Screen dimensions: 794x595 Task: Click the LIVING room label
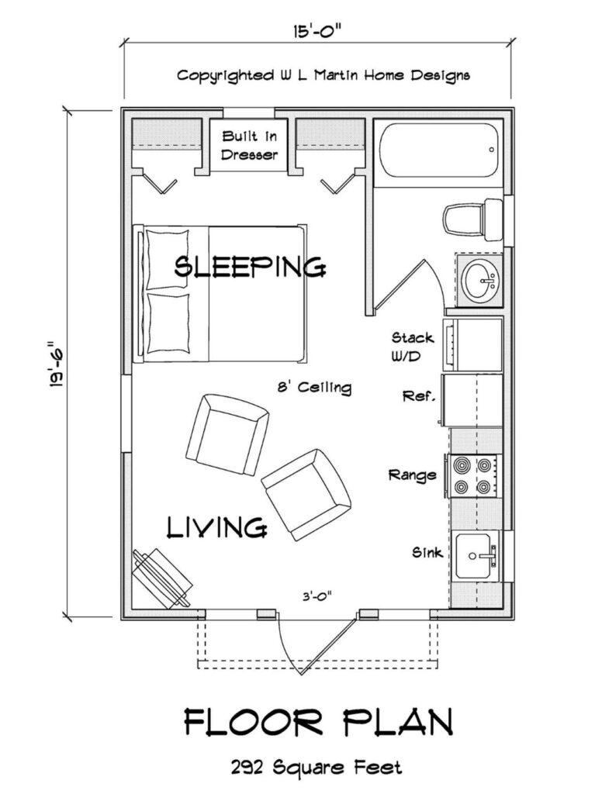click(217, 528)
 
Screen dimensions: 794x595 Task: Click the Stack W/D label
click(413, 346)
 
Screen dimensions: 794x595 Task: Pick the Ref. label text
click(419, 396)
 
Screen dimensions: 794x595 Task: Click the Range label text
click(413, 475)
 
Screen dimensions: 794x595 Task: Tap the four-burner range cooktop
click(472, 476)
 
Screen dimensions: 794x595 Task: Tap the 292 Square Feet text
click(316, 768)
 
